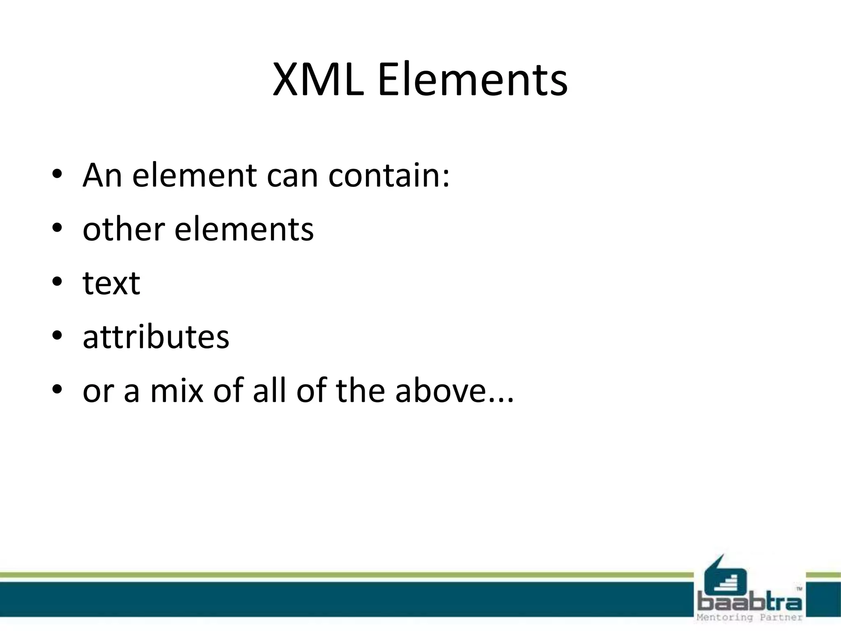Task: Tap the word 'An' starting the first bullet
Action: click(102, 175)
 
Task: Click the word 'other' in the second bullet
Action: click(124, 229)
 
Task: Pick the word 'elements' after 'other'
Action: click(244, 229)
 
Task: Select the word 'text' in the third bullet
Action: click(111, 283)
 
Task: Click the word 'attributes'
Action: click(156, 337)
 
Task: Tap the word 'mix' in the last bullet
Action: click(177, 391)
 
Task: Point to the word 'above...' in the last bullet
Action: click(454, 391)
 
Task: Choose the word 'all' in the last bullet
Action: click(269, 391)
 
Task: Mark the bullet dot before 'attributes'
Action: click(57, 336)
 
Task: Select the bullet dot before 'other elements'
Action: click(57, 228)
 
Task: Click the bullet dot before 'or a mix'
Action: click(57, 389)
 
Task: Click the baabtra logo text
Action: click(749, 603)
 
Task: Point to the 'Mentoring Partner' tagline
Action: click(749, 617)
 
